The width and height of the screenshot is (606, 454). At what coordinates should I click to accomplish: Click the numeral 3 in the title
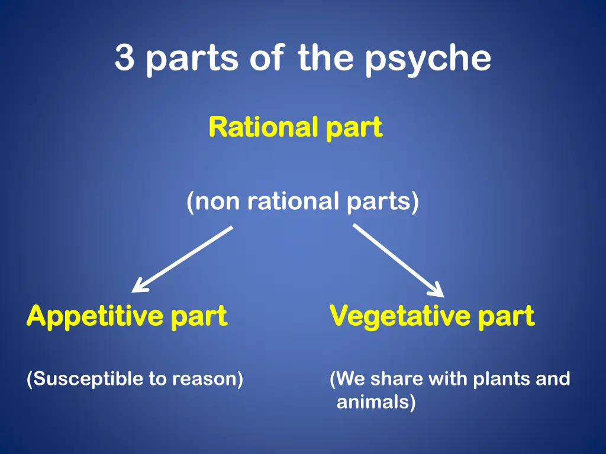click(x=124, y=58)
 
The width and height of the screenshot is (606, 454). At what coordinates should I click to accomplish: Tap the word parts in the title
click(x=189, y=60)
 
